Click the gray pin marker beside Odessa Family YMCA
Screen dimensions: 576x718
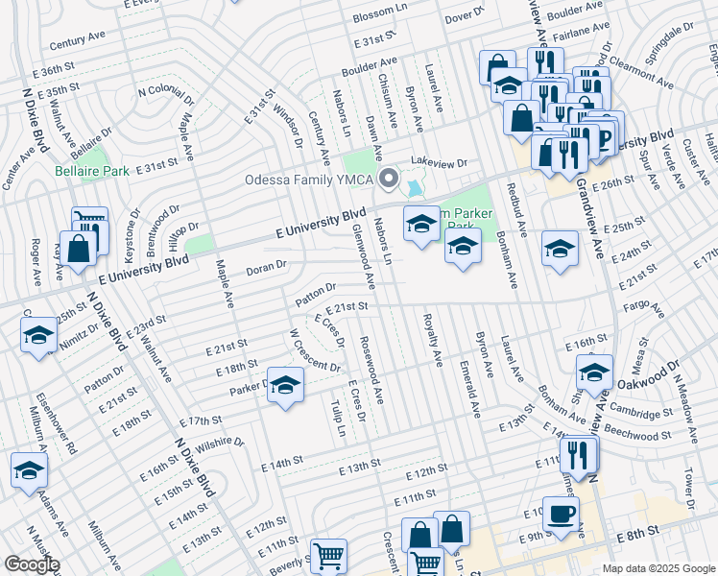(x=389, y=180)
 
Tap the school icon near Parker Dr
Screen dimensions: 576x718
(x=285, y=386)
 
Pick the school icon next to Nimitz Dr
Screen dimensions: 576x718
(x=38, y=335)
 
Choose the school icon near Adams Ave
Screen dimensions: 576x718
(x=29, y=471)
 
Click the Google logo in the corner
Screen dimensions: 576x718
(x=32, y=564)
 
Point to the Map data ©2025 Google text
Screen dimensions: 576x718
(x=658, y=568)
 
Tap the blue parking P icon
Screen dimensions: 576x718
(x=605, y=138)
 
